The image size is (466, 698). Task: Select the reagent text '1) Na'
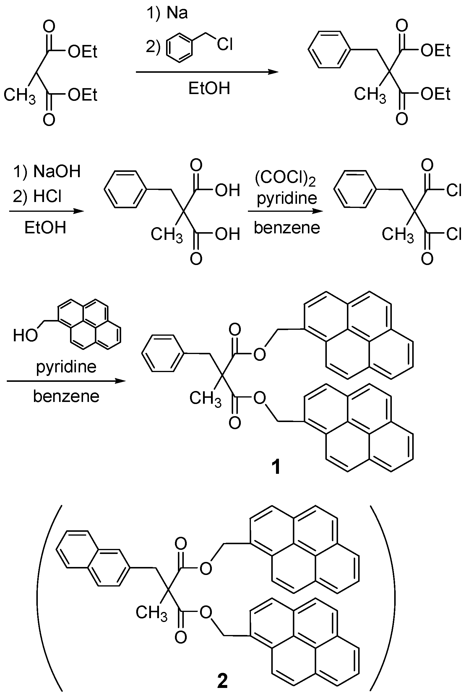(x=167, y=13)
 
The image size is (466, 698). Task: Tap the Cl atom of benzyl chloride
(x=225, y=45)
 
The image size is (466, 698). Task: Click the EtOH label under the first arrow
(x=209, y=88)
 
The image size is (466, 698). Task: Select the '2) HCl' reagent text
(x=38, y=196)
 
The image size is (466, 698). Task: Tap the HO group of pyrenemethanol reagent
(x=25, y=336)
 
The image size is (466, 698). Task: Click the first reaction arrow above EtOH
(x=207, y=72)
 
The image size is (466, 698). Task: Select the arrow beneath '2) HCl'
(x=46, y=211)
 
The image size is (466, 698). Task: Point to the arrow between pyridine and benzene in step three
(x=285, y=211)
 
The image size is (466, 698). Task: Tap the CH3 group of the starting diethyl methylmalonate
(x=20, y=95)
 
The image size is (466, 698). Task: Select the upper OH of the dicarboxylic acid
(x=227, y=190)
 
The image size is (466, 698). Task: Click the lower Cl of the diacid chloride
(x=454, y=234)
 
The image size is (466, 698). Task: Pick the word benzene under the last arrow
(x=66, y=396)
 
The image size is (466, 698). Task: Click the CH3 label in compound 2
(x=151, y=613)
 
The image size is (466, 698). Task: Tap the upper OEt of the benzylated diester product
(x=435, y=51)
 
